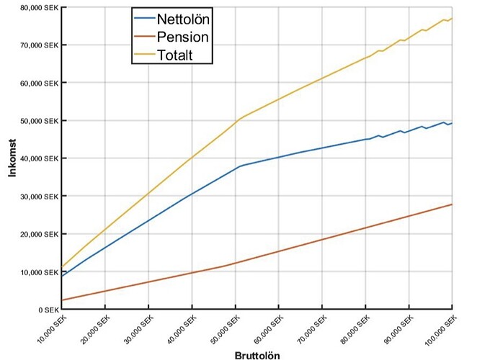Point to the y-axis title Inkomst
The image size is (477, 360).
[x=12, y=158]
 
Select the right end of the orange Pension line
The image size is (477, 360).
[x=452, y=204]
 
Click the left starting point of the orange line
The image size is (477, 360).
[x=63, y=300]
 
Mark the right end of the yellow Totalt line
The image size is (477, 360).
[x=452, y=19]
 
